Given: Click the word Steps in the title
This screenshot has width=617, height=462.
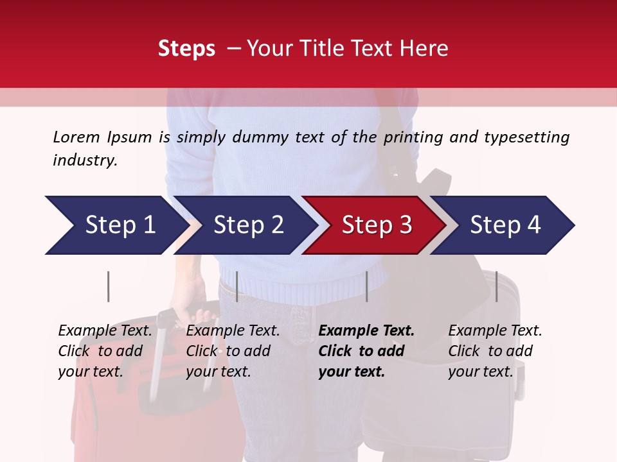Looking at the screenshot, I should (x=186, y=49).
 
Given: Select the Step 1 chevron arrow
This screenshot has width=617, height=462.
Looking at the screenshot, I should (x=116, y=225).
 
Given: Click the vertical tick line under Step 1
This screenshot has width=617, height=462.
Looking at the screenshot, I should (x=108, y=286).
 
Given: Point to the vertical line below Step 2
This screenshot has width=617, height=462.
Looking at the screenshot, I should (x=237, y=286).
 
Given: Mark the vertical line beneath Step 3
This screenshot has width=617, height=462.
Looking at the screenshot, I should (x=366, y=286).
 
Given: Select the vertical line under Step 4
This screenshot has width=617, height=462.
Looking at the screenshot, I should (x=496, y=286).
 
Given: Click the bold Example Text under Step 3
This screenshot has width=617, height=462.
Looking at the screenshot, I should (x=366, y=351).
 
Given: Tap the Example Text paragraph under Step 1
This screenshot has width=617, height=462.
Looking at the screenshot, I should (x=105, y=351).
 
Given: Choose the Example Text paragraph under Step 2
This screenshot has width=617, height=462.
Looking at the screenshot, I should (x=233, y=351).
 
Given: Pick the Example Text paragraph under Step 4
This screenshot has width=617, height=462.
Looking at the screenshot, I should (x=495, y=351).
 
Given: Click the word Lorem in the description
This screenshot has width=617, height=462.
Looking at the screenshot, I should (x=76, y=137).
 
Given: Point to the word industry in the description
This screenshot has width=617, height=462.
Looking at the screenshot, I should (x=84, y=160).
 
